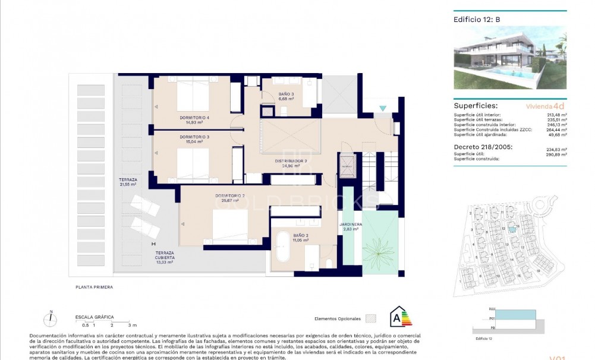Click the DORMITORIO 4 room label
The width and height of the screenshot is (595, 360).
coord(194,118)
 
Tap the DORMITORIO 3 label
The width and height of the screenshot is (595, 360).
coord(194,137)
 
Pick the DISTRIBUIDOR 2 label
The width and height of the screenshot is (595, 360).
coord(290,161)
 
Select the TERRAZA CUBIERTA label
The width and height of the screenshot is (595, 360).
coord(164,257)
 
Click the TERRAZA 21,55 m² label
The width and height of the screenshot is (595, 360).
coord(127,182)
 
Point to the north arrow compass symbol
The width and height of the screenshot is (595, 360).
coord(52,318)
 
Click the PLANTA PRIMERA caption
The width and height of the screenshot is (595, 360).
coord(94,287)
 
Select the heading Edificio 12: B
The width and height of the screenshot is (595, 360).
coord(477,19)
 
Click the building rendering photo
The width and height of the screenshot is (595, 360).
coord(510,58)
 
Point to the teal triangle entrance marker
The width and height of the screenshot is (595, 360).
coord(383,108)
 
